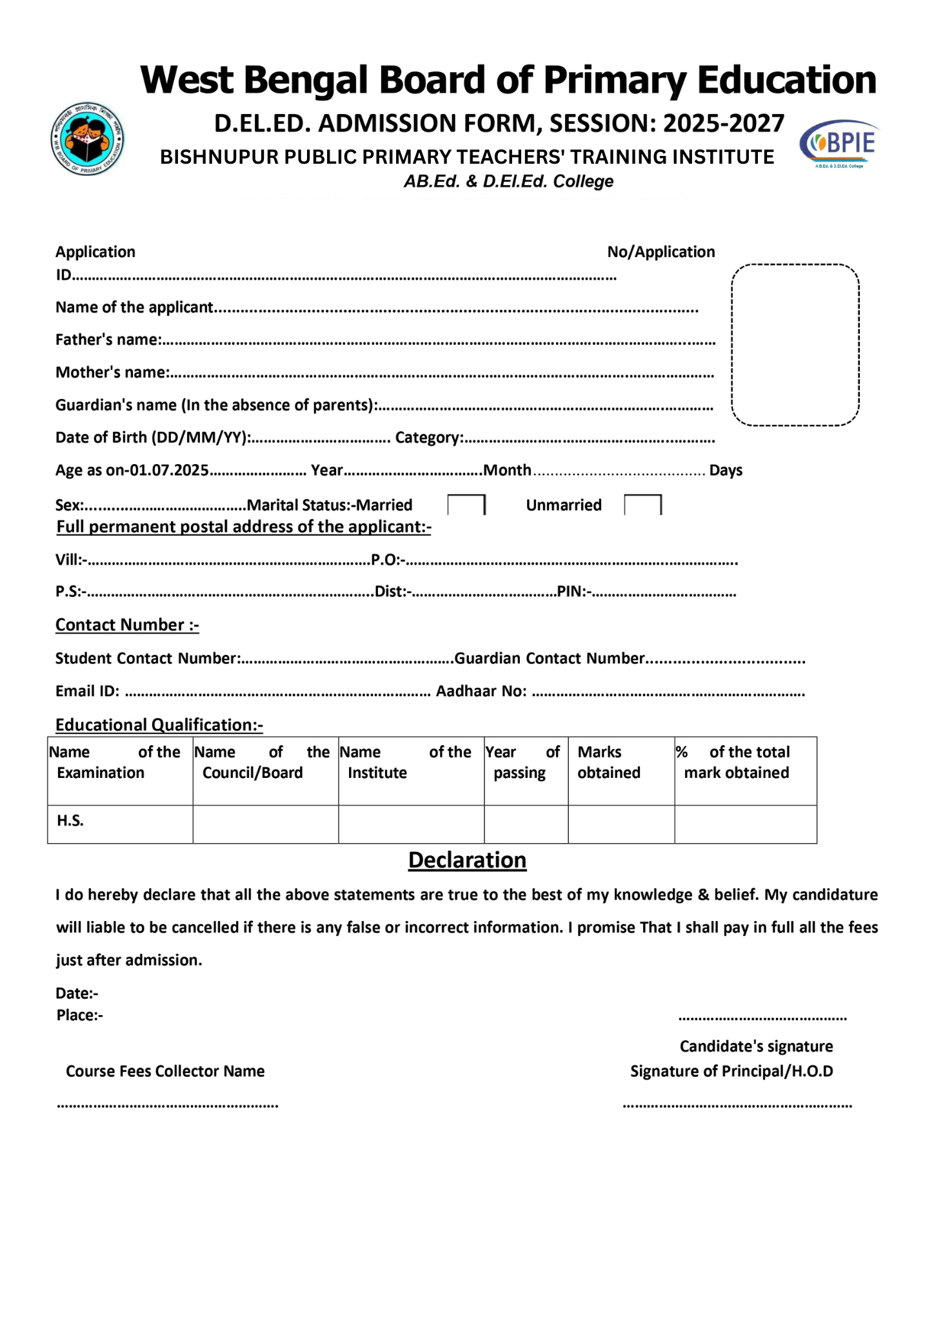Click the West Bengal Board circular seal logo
(x=87, y=139)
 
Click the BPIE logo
(x=840, y=143)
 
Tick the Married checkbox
(x=466, y=505)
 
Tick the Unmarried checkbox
(x=642, y=505)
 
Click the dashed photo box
(x=795, y=345)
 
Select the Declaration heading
(x=467, y=860)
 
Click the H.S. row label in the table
(x=70, y=820)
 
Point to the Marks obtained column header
(x=608, y=762)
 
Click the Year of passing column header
(x=522, y=762)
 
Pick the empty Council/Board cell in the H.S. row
(x=265, y=824)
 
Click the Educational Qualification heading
(x=159, y=725)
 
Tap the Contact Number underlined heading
(x=127, y=625)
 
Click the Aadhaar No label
(x=481, y=692)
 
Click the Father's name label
(x=108, y=340)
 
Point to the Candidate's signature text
(x=756, y=1046)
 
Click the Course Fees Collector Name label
(x=165, y=1071)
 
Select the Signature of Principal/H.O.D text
(x=731, y=1071)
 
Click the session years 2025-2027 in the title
(x=723, y=123)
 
